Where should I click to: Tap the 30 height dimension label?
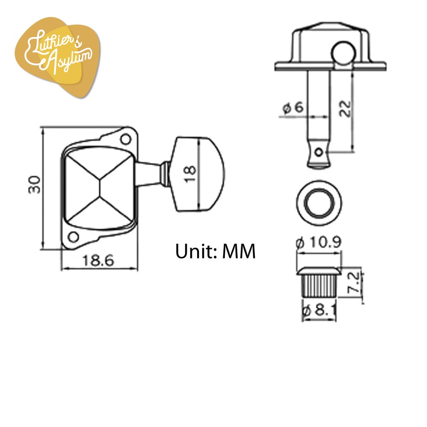coord(35,185)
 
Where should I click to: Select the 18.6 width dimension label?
coord(98,260)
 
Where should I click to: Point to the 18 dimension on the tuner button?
coord(190,173)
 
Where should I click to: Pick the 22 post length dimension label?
coord(345,108)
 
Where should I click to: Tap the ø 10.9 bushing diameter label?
coord(318,242)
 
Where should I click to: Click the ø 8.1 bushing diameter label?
coord(319,310)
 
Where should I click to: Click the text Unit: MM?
coord(216,251)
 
